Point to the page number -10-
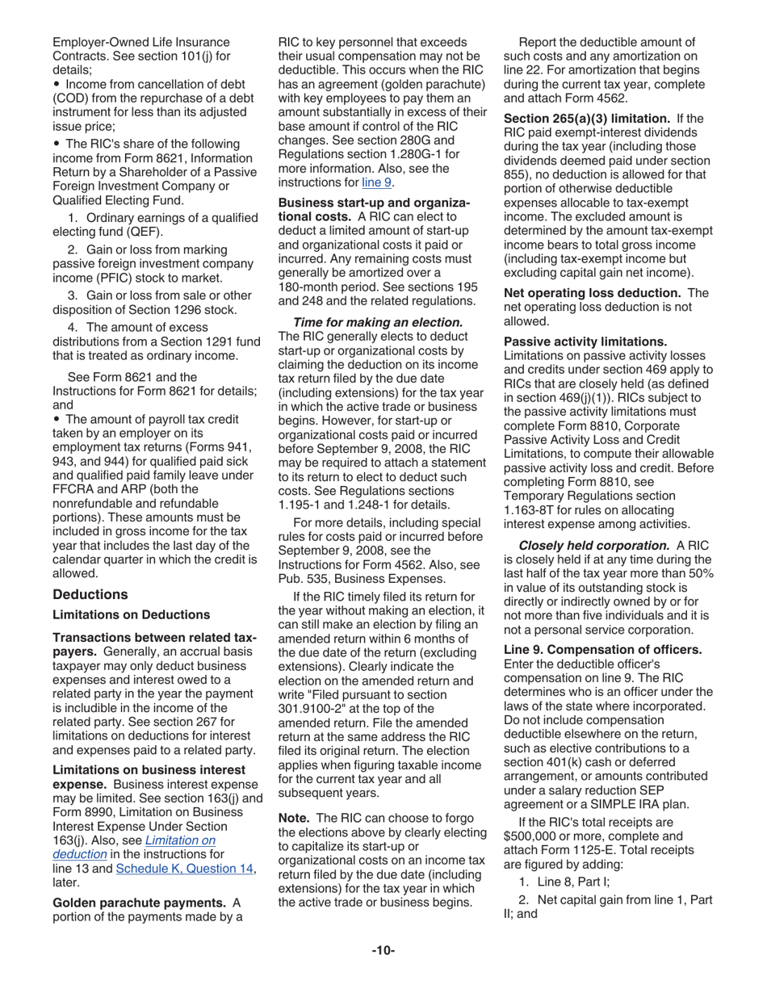[x=383, y=951]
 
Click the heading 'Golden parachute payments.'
[x=138, y=903]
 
